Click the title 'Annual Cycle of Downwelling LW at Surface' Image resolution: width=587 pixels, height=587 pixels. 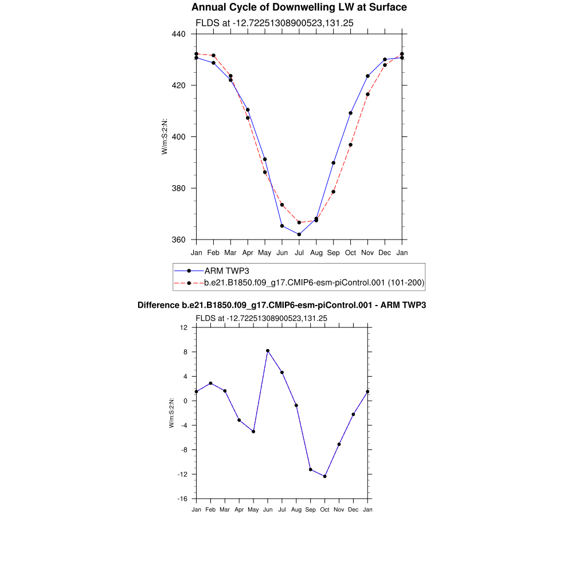point(299,7)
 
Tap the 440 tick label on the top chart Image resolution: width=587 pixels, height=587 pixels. point(178,34)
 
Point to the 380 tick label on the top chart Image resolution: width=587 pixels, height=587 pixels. point(178,188)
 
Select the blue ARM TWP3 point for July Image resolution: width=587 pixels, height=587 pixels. point(299,234)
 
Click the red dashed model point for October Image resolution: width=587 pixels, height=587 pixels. point(350,144)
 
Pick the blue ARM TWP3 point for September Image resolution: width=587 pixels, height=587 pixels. point(333,163)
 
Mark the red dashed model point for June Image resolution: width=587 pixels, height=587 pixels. point(282,205)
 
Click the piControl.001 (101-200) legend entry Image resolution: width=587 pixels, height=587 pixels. point(314,283)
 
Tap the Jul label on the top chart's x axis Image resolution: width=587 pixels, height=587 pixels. point(299,253)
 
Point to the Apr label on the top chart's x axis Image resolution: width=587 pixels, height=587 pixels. point(248,253)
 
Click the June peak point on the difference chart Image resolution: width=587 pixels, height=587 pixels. point(268,351)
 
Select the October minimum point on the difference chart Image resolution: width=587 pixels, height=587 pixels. point(325,476)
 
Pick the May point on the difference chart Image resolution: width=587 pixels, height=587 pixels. point(253,431)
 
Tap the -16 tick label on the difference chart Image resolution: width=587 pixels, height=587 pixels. point(183,499)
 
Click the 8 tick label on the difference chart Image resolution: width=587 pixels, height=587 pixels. point(185,352)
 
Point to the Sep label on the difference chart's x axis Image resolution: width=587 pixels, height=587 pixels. point(311,510)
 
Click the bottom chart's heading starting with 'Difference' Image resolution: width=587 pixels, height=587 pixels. point(281,306)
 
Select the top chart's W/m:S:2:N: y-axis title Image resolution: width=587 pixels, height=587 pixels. point(165,136)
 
